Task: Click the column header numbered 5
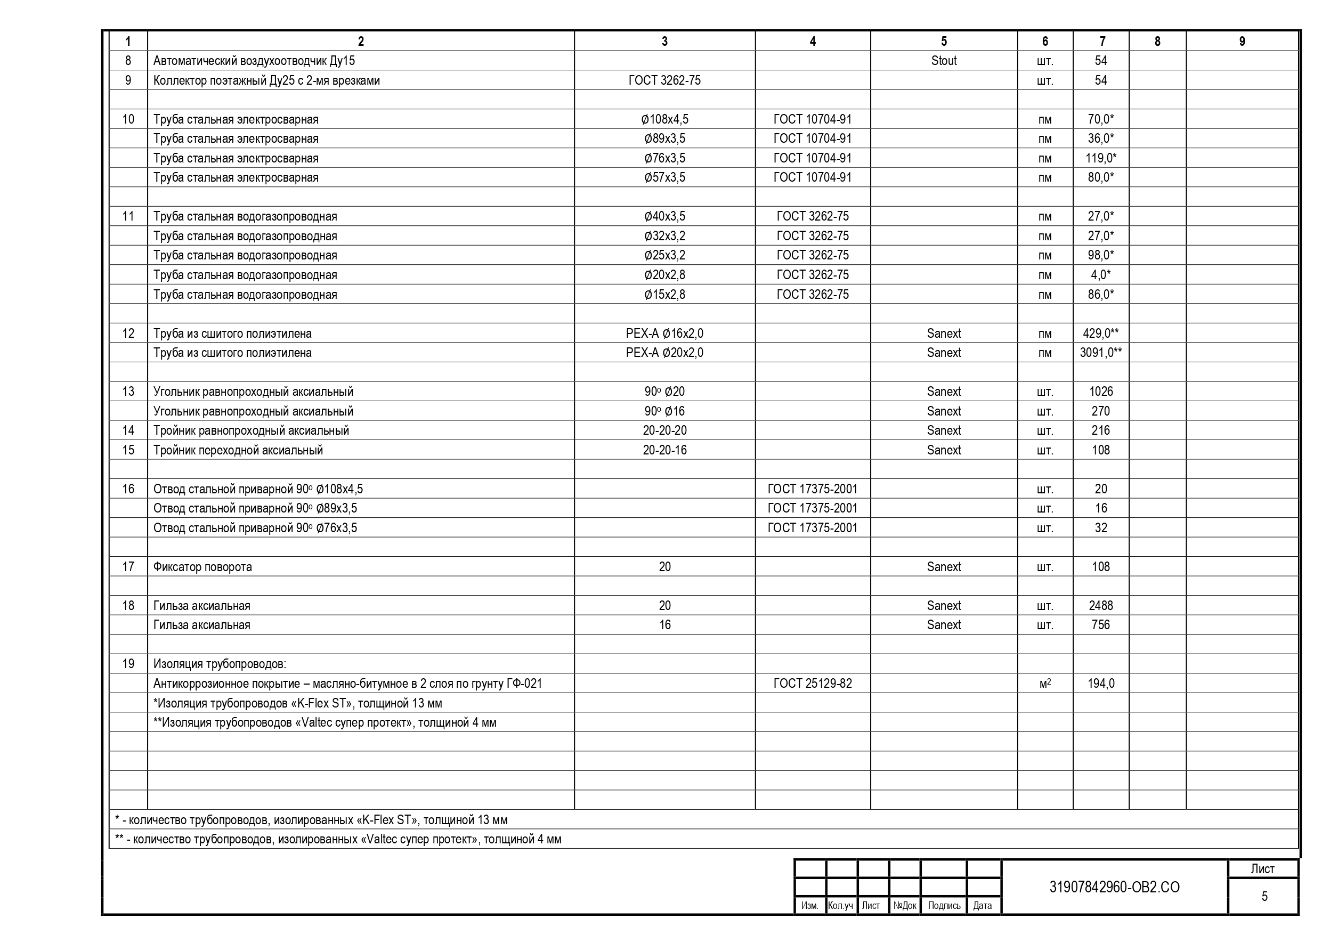[x=943, y=42]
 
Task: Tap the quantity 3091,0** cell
[x=1100, y=353]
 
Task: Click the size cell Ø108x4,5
[x=664, y=120]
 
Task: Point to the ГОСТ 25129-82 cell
[x=812, y=684]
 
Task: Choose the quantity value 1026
[x=1100, y=392]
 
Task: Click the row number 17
[x=128, y=567]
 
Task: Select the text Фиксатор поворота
[x=202, y=567]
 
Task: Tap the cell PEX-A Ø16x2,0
[x=664, y=334]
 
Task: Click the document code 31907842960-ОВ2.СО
[x=1114, y=887]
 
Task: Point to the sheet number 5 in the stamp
[x=1264, y=897]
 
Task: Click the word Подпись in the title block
[x=944, y=906]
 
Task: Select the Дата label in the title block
[x=982, y=906]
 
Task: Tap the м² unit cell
[x=1044, y=684]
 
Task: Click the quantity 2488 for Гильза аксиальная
[x=1100, y=606]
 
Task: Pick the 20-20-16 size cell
[x=664, y=450]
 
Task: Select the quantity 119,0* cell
[x=1100, y=158]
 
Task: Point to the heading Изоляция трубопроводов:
[x=220, y=664]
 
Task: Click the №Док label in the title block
[x=904, y=906]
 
